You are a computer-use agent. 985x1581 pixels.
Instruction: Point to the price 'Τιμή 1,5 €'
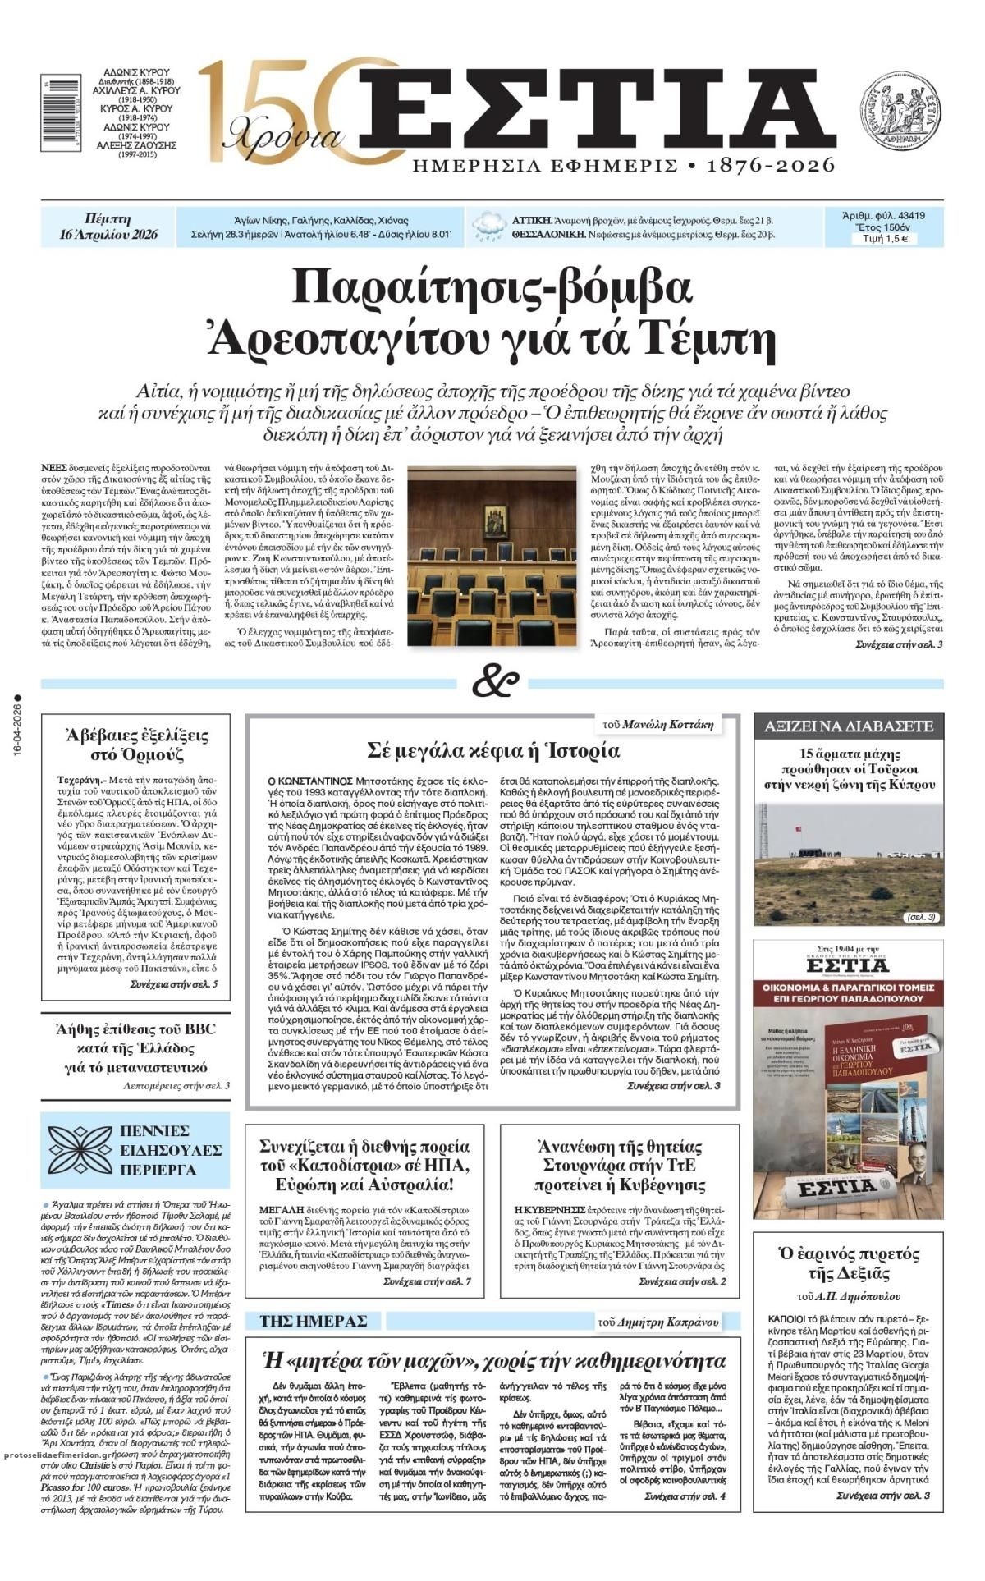pos(883,240)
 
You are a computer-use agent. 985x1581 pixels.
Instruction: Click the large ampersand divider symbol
pos(495,682)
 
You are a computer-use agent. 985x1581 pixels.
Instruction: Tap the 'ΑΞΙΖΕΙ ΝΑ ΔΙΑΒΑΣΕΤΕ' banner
pos(848,726)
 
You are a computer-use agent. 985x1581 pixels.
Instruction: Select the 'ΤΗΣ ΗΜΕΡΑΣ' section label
pos(313,1321)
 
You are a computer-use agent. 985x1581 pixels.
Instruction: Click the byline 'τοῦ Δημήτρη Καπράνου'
pos(658,1322)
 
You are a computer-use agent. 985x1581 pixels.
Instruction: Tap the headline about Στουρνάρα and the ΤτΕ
pos(620,1166)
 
